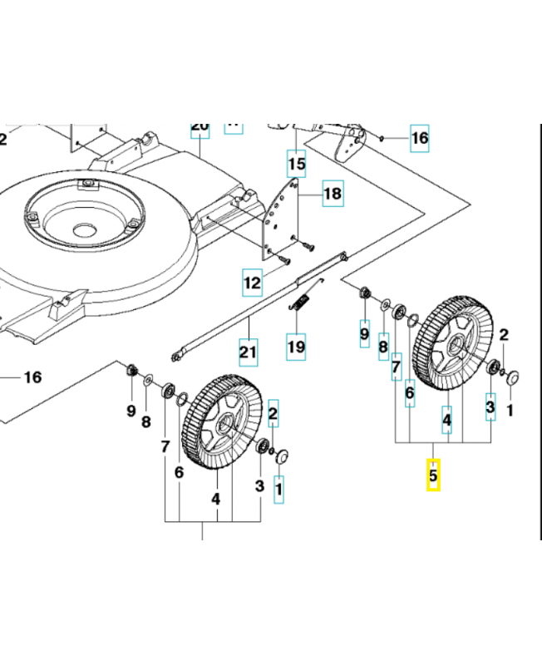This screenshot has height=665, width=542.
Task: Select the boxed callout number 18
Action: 332,195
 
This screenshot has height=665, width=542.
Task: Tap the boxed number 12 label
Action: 252,283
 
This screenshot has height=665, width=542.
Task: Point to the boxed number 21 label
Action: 247,352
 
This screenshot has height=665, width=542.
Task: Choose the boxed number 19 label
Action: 296,346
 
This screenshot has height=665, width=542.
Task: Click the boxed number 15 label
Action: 296,164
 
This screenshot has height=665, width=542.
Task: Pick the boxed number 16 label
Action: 420,138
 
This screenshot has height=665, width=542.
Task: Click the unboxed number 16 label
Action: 32,377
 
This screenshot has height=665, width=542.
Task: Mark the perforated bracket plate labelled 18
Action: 280,220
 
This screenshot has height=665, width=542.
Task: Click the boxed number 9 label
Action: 364,333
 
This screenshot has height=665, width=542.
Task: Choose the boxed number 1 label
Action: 278,490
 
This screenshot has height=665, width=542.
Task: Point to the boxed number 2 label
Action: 273,411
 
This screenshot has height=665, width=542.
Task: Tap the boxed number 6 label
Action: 410,392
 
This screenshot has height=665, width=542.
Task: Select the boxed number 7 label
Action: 397,365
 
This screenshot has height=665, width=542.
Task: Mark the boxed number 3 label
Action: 490,406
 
